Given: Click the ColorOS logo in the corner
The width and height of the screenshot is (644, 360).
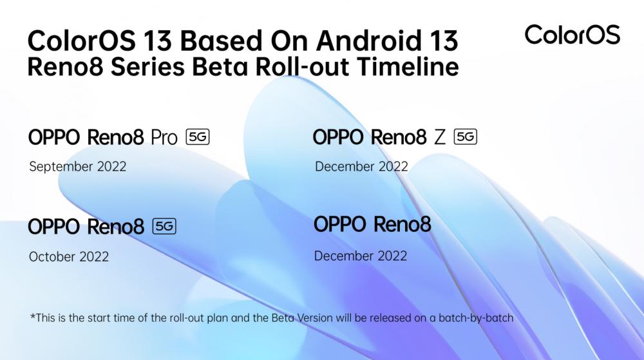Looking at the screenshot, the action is tap(572, 35).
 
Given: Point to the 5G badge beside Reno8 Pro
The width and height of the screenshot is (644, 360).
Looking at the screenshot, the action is tap(198, 137).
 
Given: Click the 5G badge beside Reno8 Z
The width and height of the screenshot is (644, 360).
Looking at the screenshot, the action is tap(466, 137).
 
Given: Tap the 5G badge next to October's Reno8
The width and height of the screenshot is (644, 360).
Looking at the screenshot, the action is tap(164, 226).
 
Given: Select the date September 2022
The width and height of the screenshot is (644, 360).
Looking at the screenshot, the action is tap(78, 167).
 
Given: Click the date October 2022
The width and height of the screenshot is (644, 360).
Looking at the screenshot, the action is tap(69, 256).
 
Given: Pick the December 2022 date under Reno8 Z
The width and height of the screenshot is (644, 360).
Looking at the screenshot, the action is tap(361, 166).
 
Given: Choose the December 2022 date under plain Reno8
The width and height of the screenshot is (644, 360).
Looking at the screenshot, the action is tap(361, 256).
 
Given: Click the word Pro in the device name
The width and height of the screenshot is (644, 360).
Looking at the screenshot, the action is tap(164, 138).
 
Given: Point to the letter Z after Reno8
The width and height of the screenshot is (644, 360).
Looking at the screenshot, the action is tap(440, 137).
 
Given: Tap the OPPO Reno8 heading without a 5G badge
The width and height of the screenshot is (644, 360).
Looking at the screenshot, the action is tap(372, 224).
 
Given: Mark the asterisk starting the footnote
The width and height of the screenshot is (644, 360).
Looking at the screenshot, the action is tap(33, 316).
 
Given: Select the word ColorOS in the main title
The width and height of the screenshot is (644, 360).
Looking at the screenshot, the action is tap(81, 41).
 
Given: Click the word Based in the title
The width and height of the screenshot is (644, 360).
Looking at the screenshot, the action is tap(221, 41).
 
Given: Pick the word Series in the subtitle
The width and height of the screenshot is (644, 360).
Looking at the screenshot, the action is tap(147, 67).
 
